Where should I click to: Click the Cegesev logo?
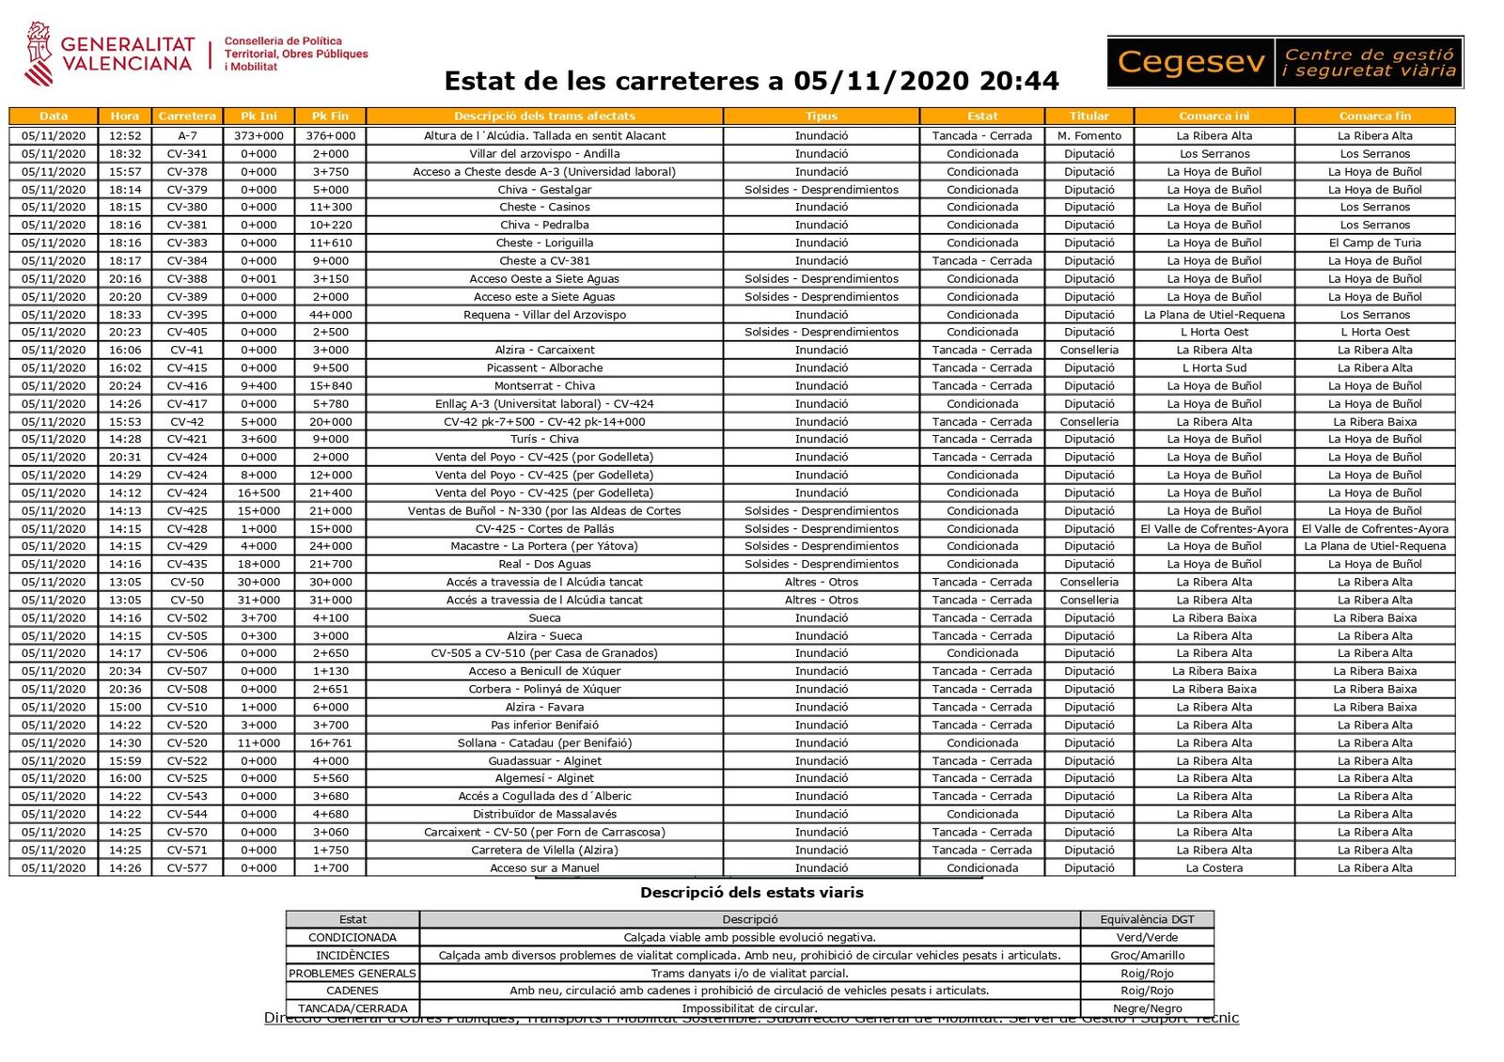pos(1284,62)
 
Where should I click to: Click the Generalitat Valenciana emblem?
pos(39,54)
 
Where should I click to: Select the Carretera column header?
pos(187,117)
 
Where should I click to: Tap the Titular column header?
pos(1089,117)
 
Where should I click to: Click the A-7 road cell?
pos(187,136)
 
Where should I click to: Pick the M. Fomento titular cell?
pos(1089,136)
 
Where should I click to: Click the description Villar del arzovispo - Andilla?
pos(544,154)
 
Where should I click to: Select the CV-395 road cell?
pos(187,315)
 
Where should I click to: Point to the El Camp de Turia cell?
pos(1374,242)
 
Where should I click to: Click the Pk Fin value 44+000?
pos(331,315)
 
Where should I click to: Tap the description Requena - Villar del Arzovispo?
pos(544,315)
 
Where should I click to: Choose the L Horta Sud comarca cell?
pos(1214,368)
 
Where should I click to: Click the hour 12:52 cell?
pos(125,136)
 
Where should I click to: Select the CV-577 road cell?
pos(187,868)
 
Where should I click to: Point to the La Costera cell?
pos(1214,868)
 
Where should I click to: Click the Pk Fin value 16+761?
pos(331,743)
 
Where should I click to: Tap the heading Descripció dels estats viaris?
pos(751,893)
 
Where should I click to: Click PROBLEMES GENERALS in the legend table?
pos(352,974)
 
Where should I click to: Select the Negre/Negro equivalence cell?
pos(1147,1008)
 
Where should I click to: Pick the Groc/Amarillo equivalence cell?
pos(1147,956)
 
